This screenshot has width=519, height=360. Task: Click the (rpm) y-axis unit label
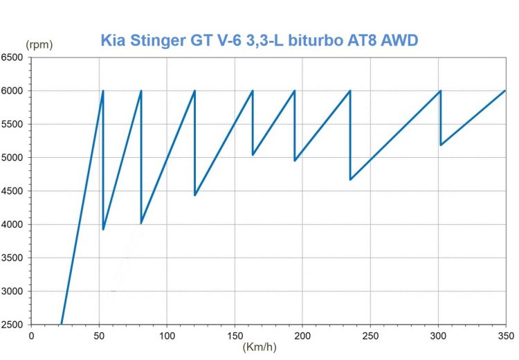(x=39, y=44)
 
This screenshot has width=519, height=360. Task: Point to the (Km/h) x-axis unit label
(x=262, y=348)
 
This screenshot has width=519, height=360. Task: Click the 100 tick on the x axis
(x=167, y=336)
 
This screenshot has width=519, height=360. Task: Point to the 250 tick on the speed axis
(x=371, y=336)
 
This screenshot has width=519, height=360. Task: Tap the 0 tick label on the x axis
(x=31, y=336)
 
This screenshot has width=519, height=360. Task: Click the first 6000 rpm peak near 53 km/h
(x=103, y=91)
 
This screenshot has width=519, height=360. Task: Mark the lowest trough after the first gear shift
(x=103, y=229)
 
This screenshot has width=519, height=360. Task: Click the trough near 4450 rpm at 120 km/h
(x=195, y=195)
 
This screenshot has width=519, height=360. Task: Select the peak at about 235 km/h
(x=350, y=91)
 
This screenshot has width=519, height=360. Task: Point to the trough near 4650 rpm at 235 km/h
(x=350, y=180)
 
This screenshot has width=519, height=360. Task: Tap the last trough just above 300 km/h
(x=441, y=145)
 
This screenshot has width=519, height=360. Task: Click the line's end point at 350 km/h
(x=507, y=91)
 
